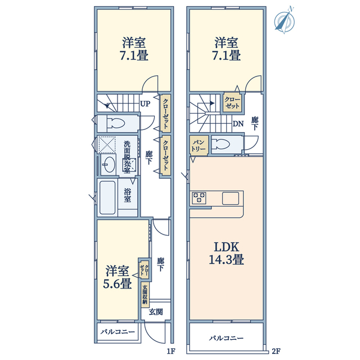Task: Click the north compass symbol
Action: coord(285,21)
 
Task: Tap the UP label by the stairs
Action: coord(145,103)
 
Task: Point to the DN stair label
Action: coord(238,124)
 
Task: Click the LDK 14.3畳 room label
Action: coord(226,253)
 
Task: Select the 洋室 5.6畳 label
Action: coord(118,277)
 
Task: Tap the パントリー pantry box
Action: coord(199,145)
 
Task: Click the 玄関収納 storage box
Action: coord(145,295)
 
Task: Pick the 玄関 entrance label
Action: coord(156,312)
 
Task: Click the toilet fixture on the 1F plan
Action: coord(114,123)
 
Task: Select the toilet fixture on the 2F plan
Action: coord(220,145)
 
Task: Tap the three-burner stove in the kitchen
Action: coord(199,198)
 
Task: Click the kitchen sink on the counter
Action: coord(231,198)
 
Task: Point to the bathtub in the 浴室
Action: coord(107,197)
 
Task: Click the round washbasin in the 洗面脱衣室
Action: coord(109,164)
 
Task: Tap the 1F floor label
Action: coord(171,351)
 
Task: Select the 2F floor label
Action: coord(276,351)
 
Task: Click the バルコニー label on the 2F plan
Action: coord(226,338)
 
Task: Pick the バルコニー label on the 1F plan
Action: coord(118,332)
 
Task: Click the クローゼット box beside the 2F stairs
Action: coord(232,102)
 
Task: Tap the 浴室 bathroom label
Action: coord(128,195)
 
